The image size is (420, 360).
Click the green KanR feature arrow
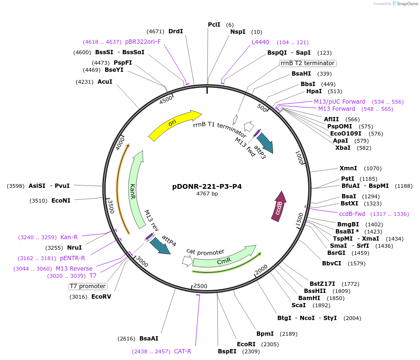point(136,190)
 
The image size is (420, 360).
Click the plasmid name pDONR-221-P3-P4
point(207,186)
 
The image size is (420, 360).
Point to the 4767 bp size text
point(207,194)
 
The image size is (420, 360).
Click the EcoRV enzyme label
point(101,296)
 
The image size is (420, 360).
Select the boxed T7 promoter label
point(88,286)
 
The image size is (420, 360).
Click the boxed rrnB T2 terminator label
point(307,63)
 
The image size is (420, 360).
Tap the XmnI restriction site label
point(348,168)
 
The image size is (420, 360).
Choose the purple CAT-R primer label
point(182,351)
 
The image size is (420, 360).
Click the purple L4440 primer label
point(260,42)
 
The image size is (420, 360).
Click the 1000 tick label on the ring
point(299,157)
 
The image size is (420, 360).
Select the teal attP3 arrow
point(264,142)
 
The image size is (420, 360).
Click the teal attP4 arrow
point(160,245)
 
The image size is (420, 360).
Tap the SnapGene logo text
point(406,4)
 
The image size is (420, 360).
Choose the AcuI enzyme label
point(105,82)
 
